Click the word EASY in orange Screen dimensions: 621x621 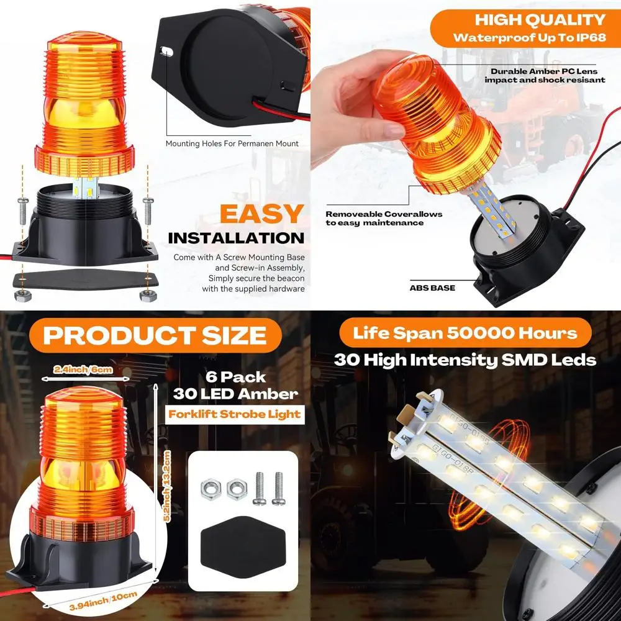coord(261,214)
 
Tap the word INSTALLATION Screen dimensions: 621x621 coord(236,238)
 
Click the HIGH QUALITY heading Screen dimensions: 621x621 coord(539,19)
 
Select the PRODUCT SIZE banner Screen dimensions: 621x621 coord(155,335)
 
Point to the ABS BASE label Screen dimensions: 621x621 coord(432,288)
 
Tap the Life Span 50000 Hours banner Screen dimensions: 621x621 coord(465,333)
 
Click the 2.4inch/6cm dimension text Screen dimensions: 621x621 coord(83,369)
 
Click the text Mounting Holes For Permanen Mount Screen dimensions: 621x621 coord(232,143)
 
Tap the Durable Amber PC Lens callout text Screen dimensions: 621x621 coord(543,75)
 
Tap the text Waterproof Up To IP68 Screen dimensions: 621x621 coord(528,37)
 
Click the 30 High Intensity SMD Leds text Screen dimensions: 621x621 coord(465,360)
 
